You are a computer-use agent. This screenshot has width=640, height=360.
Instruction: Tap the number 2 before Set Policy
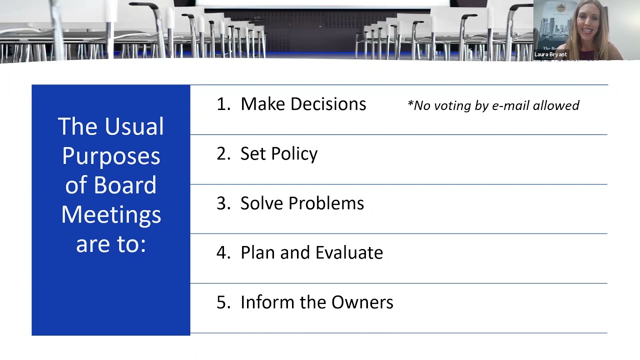(x=222, y=154)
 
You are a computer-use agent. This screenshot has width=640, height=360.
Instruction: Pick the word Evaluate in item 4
(x=348, y=253)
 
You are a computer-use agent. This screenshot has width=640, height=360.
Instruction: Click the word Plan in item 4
(x=257, y=253)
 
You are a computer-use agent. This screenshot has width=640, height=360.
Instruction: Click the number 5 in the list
(x=222, y=302)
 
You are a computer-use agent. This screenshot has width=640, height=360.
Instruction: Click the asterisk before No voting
(x=410, y=104)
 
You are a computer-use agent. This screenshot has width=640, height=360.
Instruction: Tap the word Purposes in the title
(x=111, y=156)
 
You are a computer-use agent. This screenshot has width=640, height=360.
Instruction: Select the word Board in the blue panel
(x=125, y=185)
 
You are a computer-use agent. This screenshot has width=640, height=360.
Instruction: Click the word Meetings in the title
(x=111, y=215)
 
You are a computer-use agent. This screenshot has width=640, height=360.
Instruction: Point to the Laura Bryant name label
(x=550, y=54)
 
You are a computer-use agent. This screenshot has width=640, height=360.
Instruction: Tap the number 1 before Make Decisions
(x=222, y=104)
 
